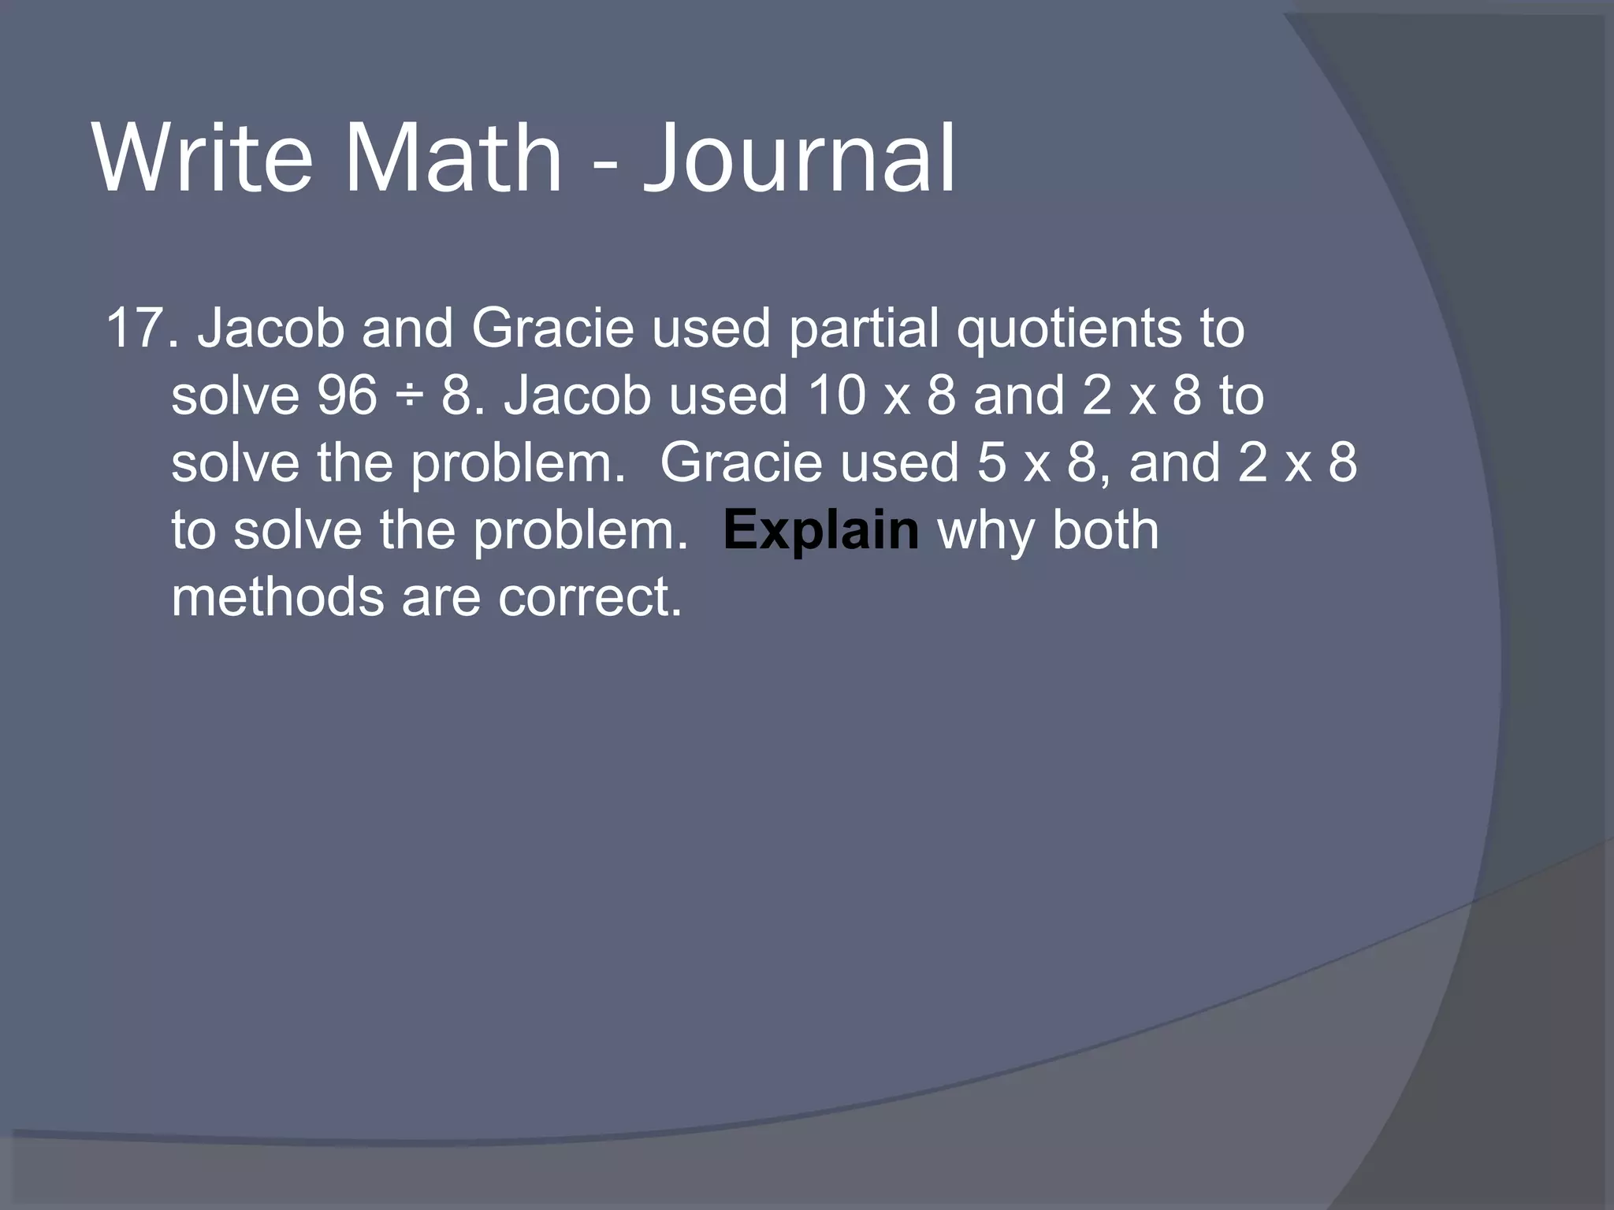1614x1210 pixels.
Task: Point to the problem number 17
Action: [134, 328]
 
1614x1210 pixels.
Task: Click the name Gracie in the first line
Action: [552, 328]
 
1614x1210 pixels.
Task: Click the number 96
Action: [347, 395]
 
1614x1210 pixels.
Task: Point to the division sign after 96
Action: [410, 397]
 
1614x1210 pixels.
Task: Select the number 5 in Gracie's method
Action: [991, 462]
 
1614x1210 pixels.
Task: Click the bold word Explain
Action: [820, 531]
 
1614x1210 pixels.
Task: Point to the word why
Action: [985, 531]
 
